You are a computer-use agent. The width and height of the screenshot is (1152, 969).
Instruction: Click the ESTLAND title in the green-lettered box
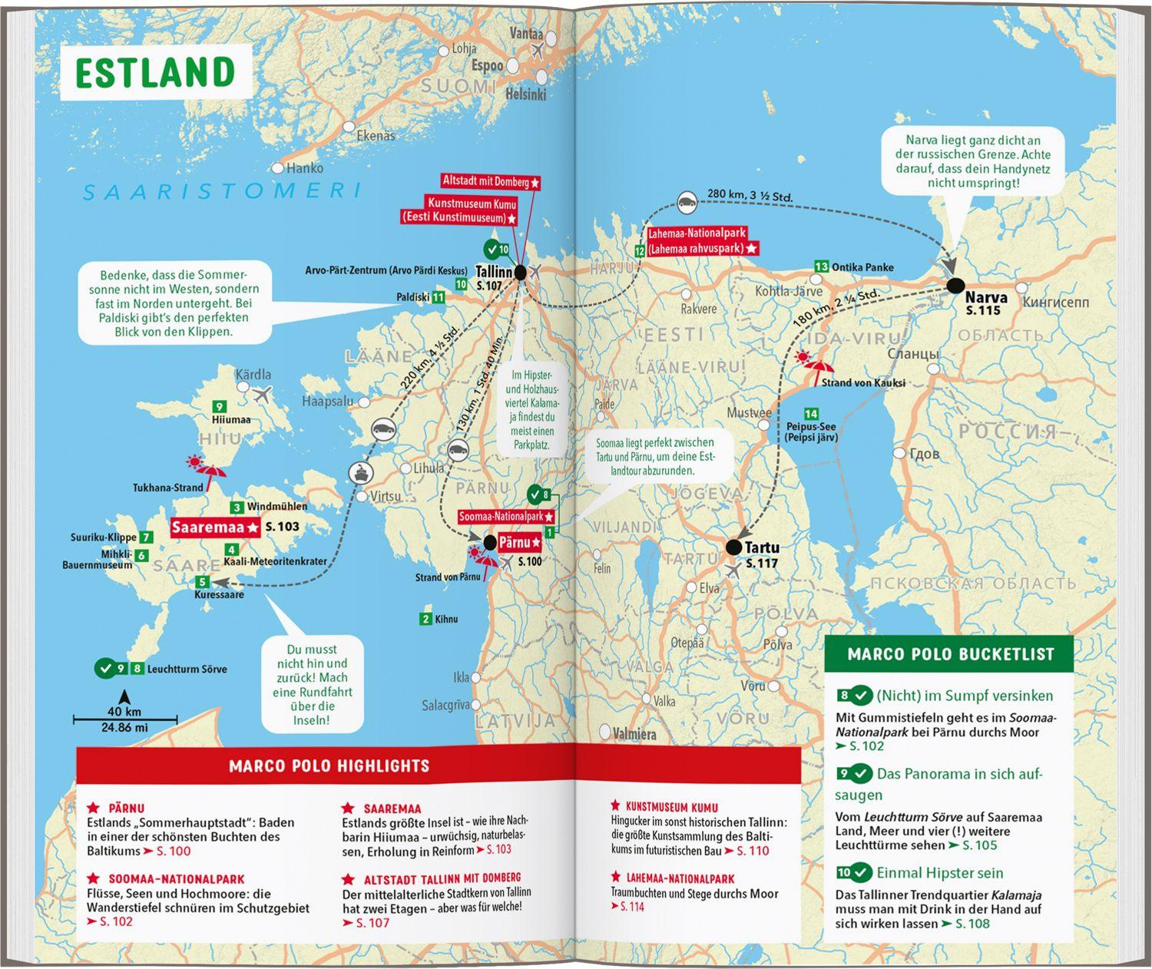155,72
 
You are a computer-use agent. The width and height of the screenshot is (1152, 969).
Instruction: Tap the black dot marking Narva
955,286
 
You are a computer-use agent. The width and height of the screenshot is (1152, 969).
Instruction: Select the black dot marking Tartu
733,547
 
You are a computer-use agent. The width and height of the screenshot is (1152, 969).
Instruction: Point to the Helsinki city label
525,94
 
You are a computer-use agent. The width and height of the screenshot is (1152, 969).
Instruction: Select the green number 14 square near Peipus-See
810,415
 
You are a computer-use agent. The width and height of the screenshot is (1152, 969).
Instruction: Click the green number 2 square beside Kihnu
425,619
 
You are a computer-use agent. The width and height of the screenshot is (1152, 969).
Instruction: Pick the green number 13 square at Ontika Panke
821,266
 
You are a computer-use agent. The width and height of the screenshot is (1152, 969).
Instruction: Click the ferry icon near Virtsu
359,471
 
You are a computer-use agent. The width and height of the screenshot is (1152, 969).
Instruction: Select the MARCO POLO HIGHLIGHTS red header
329,766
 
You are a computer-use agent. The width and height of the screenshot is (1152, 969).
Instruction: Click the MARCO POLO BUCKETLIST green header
950,654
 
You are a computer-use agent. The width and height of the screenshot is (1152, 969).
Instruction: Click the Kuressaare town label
219,595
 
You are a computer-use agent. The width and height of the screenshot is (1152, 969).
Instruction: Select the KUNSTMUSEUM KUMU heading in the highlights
671,807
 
